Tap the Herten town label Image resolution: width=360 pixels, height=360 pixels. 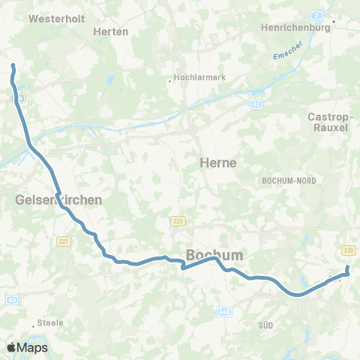tap(111, 31)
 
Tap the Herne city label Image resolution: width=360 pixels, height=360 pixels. tap(218, 162)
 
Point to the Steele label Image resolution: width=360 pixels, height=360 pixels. tap(52, 323)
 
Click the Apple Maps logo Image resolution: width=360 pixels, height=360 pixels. tap(27, 348)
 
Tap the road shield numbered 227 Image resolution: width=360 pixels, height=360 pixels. tap(63, 241)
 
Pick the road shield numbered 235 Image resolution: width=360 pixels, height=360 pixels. tap(348, 250)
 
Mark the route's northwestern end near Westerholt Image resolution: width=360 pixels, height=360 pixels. tap(13, 67)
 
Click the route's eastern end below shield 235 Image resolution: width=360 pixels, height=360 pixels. tap(347, 268)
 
